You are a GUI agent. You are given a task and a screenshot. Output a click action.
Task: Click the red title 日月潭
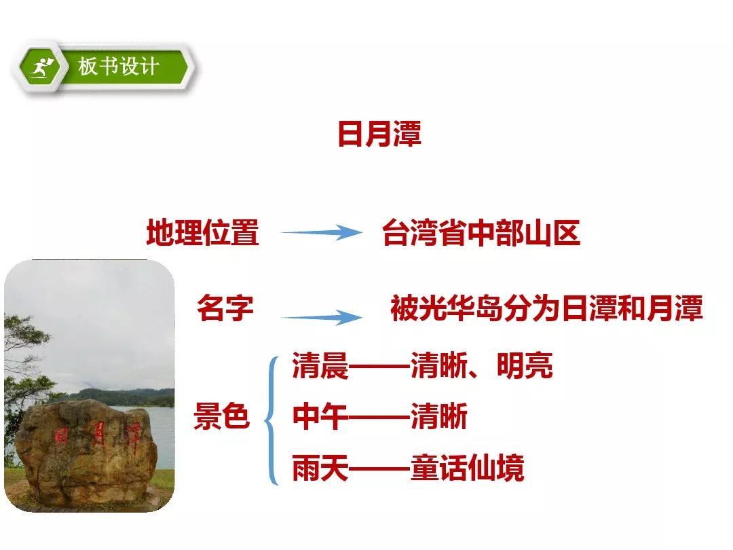(379, 134)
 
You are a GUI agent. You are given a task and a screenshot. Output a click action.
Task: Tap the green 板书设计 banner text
(119, 67)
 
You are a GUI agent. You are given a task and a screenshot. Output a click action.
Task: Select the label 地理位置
(202, 232)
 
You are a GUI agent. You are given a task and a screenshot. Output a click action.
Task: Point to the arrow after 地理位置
(321, 232)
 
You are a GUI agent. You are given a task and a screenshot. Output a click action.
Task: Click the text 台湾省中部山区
(481, 233)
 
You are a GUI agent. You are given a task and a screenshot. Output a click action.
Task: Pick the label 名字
(225, 308)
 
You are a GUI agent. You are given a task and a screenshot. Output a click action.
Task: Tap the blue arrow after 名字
(321, 318)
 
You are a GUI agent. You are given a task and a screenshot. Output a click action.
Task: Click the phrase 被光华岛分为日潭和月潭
(546, 308)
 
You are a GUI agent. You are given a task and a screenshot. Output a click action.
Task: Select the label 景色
(221, 416)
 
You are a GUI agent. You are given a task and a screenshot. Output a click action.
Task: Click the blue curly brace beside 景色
(272, 420)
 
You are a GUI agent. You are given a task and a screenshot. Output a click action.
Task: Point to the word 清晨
(320, 365)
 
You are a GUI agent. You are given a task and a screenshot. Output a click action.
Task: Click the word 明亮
(525, 365)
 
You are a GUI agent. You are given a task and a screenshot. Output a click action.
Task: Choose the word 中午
(320, 416)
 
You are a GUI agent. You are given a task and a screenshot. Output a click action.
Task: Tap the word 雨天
(320, 468)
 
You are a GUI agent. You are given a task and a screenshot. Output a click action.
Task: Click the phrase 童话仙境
(468, 468)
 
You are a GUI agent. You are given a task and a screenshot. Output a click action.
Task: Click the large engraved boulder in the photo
(86, 452)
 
